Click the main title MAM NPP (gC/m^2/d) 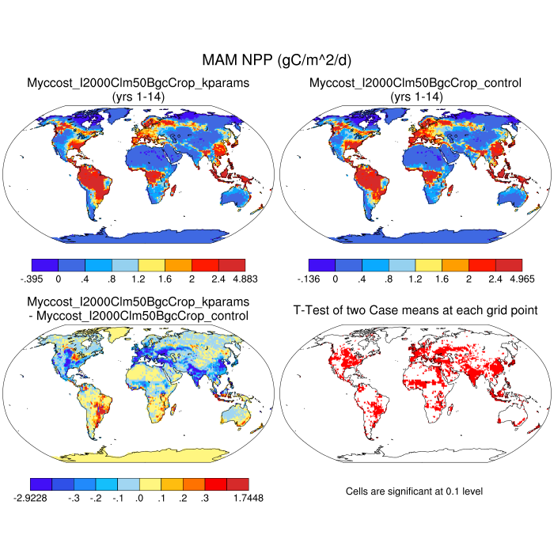pyautogui.click(x=277, y=60)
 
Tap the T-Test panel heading pyautogui.click(x=415, y=309)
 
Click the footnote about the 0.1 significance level pyautogui.click(x=415, y=491)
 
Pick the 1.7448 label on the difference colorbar pyautogui.click(x=247, y=498)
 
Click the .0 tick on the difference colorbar pyautogui.click(x=139, y=498)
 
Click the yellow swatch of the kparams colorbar pyautogui.click(x=151, y=265)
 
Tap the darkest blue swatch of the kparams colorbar pyautogui.click(x=44, y=265)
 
